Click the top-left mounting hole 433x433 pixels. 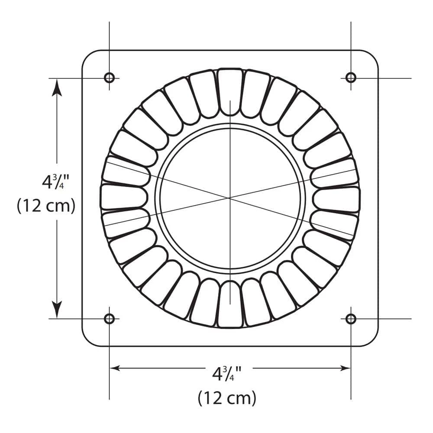[109, 78]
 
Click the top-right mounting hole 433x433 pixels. [351, 78]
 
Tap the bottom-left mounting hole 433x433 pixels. [109, 319]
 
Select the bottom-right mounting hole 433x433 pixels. [351, 319]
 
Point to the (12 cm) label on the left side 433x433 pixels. [46, 206]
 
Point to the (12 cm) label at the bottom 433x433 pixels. [227, 397]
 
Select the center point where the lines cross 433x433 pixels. [230, 198]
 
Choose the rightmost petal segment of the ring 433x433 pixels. [336, 200]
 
